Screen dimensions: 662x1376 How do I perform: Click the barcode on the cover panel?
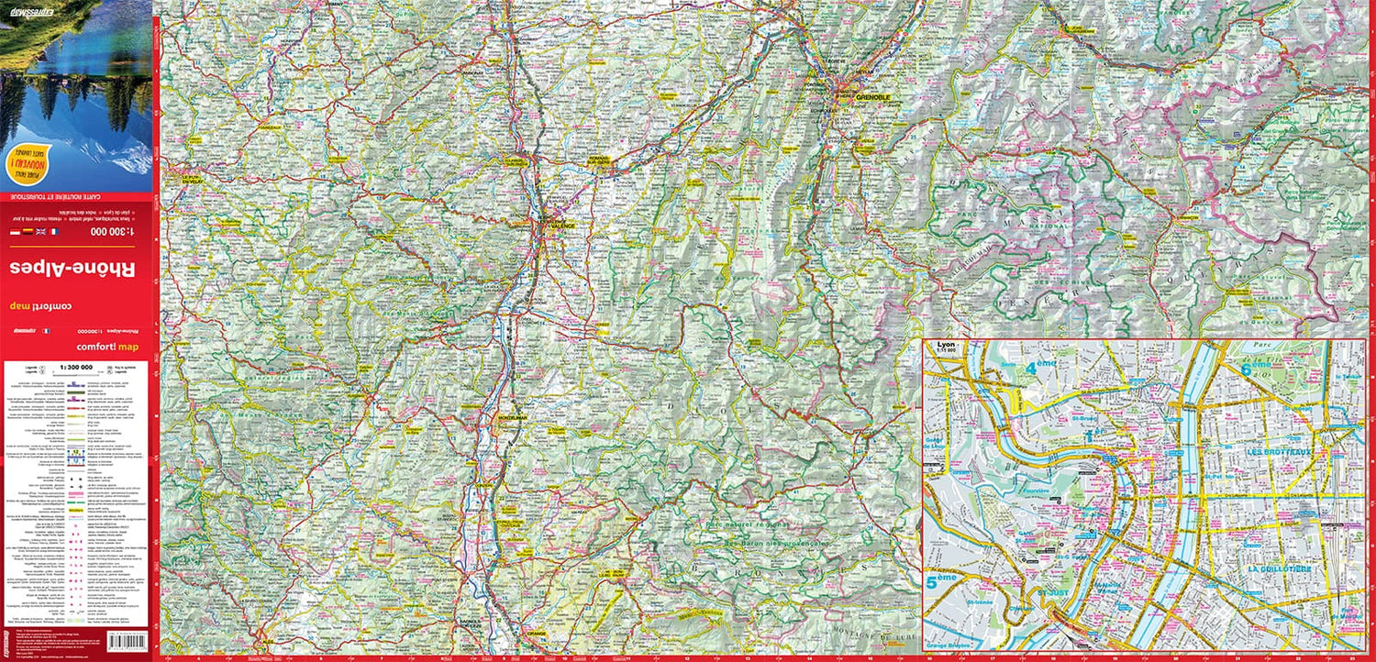pyautogui.click(x=128, y=641)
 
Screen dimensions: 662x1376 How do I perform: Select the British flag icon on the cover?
pyautogui.click(x=40, y=232)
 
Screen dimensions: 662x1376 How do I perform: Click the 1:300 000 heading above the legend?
pyautogui.click(x=75, y=367)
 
